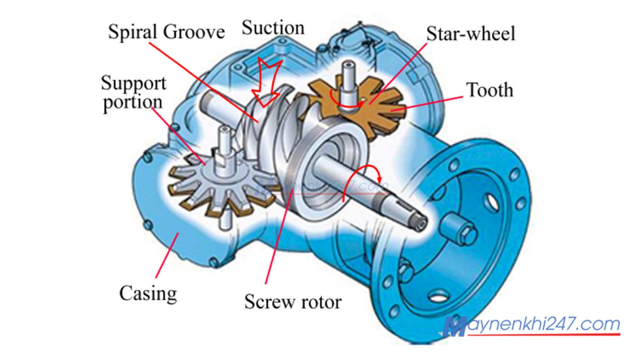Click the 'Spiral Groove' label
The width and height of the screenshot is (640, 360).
pyautogui.click(x=166, y=32)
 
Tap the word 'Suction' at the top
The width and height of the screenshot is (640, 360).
pyautogui.click(x=273, y=28)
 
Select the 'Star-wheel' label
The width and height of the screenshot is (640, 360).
pyautogui.click(x=471, y=34)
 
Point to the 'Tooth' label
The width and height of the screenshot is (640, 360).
pyautogui.click(x=490, y=90)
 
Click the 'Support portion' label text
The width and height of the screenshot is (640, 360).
pyautogui.click(x=133, y=93)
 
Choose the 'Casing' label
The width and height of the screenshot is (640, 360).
pyautogui.click(x=148, y=293)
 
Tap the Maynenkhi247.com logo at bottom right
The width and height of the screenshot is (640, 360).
pyautogui.click(x=532, y=326)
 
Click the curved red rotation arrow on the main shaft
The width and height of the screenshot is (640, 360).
pyautogui.click(x=362, y=178)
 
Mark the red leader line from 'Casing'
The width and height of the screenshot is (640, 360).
pyautogui.click(x=166, y=256)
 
